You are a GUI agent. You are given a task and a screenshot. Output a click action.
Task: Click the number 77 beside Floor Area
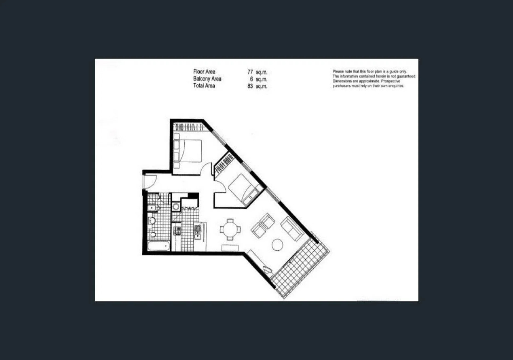250,72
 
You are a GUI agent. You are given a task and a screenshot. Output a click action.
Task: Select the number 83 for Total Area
250,86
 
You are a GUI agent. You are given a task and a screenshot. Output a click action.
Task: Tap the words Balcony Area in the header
207,79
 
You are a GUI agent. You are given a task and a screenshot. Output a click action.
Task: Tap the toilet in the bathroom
153,235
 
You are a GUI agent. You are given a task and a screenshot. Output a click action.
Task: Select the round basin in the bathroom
152,220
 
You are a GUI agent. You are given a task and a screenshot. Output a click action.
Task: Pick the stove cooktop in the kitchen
177,231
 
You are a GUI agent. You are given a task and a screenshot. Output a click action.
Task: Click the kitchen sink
197,231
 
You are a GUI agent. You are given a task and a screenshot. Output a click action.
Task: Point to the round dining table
230,229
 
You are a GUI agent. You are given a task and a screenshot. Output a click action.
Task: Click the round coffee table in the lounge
277,244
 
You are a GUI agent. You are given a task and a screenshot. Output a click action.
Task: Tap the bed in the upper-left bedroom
188,151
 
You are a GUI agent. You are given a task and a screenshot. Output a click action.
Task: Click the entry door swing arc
150,182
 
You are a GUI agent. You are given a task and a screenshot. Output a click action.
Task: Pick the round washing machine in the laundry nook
176,207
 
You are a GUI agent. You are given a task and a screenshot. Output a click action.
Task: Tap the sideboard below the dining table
230,248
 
